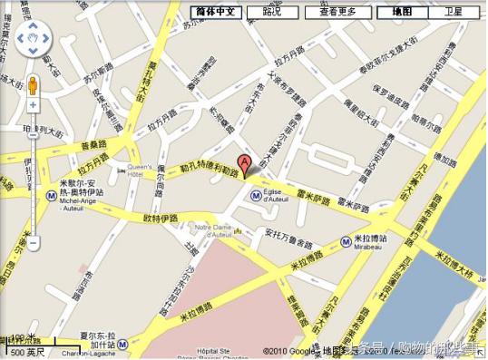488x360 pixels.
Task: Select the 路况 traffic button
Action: pyautogui.click(x=271, y=12)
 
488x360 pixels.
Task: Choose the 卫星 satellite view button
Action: pyautogui.click(x=453, y=12)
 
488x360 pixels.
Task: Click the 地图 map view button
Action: pyautogui.click(x=401, y=12)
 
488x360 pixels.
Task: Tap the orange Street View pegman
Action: pyautogui.click(x=34, y=85)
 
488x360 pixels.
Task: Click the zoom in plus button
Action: pyautogui.click(x=34, y=105)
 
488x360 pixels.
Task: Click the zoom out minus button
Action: pyautogui.click(x=34, y=243)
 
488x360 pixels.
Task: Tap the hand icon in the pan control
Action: pyautogui.click(x=34, y=41)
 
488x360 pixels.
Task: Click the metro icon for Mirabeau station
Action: pyautogui.click(x=346, y=241)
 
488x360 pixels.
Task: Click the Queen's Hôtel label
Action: pyautogui.click(x=139, y=171)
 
